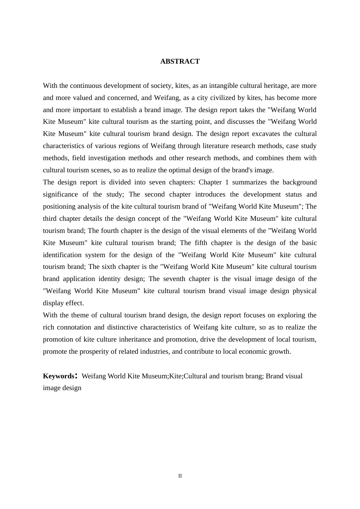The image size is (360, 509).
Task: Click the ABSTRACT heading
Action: (180, 61)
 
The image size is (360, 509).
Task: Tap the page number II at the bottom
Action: (180, 476)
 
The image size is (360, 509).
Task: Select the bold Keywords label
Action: (59, 376)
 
